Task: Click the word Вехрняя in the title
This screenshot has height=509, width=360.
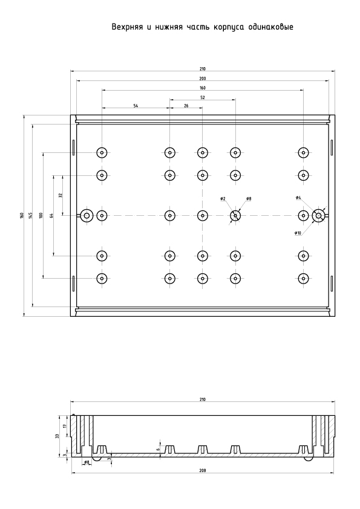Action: pyautogui.click(x=127, y=27)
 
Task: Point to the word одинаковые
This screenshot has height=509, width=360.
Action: pyautogui.click(x=270, y=27)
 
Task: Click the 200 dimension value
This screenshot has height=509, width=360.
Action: pyautogui.click(x=203, y=79)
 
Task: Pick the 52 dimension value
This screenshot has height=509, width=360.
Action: pyautogui.click(x=203, y=97)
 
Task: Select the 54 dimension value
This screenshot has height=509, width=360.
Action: pyautogui.click(x=136, y=106)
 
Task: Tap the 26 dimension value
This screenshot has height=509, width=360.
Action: pyautogui.click(x=186, y=106)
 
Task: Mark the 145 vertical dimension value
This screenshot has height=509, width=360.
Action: pyautogui.click(x=30, y=215)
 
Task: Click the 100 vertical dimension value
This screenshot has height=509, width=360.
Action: pyautogui.click(x=41, y=215)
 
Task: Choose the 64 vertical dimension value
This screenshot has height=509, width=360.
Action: pyautogui.click(x=51, y=215)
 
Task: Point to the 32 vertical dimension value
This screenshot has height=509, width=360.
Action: pyautogui.click(x=60, y=195)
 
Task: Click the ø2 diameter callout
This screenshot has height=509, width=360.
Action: pyautogui.click(x=223, y=198)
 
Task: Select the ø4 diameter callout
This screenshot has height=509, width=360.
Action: pyautogui.click(x=298, y=197)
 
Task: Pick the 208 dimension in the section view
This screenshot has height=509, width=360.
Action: pyautogui.click(x=203, y=470)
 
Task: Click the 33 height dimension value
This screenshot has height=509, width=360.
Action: pyautogui.click(x=57, y=436)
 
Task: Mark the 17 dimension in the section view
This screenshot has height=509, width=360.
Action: pyautogui.click(x=65, y=426)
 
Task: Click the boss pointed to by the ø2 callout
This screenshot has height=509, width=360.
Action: pyautogui.click(x=235, y=216)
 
